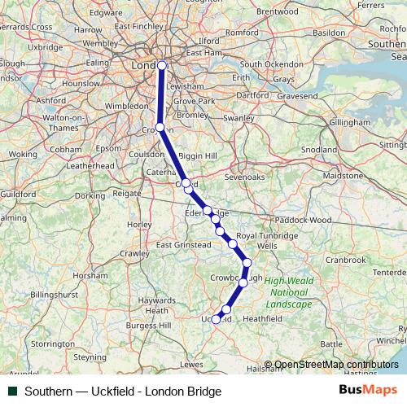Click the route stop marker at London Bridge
coord(162,65)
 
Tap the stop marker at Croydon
coord(160,127)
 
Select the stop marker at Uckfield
coord(216,320)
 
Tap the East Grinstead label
coord(183,245)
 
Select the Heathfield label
coord(262,318)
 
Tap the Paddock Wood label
coord(304,220)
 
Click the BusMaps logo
coord(367,391)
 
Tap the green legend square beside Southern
coord(12,392)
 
